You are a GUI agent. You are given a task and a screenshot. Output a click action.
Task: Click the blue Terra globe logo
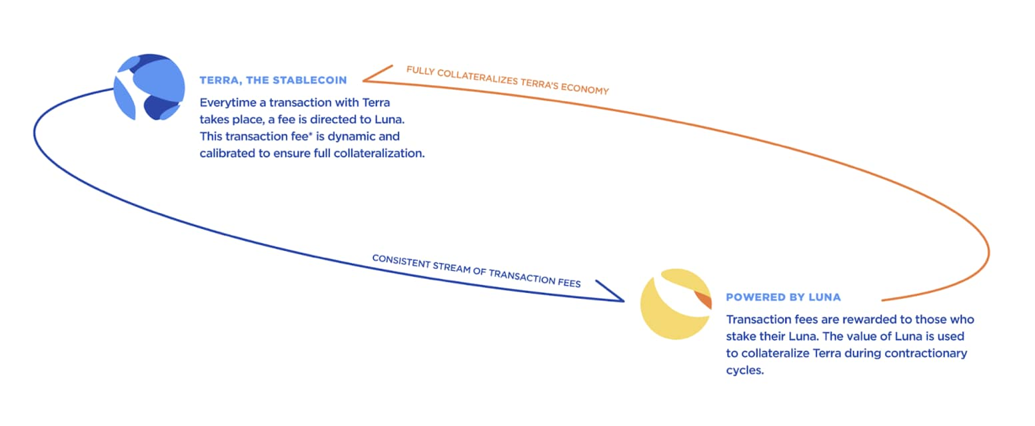tap(149, 87)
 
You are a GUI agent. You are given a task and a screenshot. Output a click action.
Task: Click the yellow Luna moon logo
tap(676, 304)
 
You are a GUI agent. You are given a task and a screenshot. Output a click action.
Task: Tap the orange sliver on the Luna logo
tap(703, 300)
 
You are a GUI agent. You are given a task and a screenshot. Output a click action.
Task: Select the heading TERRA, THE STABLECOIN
tap(273, 81)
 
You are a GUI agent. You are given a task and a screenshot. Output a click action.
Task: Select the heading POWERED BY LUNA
tap(783, 298)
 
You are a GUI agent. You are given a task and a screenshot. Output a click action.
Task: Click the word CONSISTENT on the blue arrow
tap(401, 260)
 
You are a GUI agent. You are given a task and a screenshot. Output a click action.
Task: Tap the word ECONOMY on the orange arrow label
tap(585, 88)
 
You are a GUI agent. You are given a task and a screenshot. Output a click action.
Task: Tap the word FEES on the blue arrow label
tap(569, 282)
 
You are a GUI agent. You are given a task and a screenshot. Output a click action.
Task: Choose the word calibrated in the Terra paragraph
tap(227, 153)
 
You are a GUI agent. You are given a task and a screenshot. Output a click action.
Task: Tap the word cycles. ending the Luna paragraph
tap(745, 370)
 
